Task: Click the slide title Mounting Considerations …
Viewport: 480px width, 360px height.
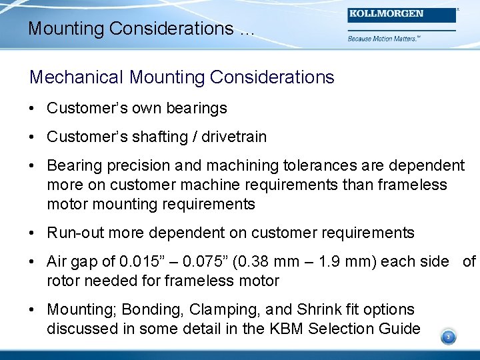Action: [x=141, y=29]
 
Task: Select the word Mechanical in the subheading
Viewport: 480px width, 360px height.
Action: [x=77, y=77]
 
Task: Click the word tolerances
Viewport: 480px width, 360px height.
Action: [x=316, y=165]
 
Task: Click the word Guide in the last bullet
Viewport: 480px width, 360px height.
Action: [x=400, y=329]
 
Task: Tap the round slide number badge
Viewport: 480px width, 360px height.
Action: [x=448, y=337]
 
